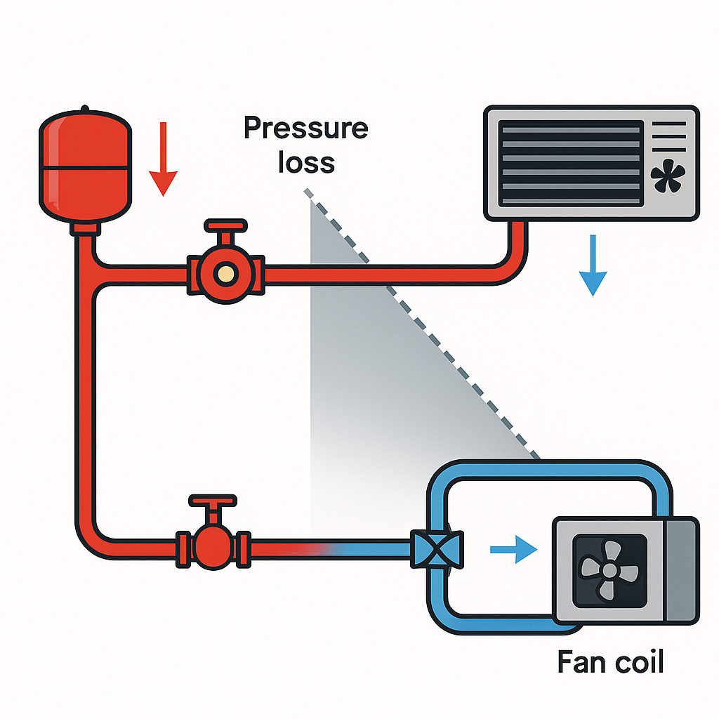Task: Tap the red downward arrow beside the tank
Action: pos(163,159)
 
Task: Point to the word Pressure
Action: pos(305,129)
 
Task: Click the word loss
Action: pos(306,162)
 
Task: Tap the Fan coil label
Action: pos(610,661)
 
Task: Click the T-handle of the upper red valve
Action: pos(225,227)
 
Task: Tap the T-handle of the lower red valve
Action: pos(210,503)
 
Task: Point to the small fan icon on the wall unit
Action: pos(667,178)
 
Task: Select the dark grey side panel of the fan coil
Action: pos(681,569)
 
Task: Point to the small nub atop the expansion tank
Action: pos(85,109)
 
